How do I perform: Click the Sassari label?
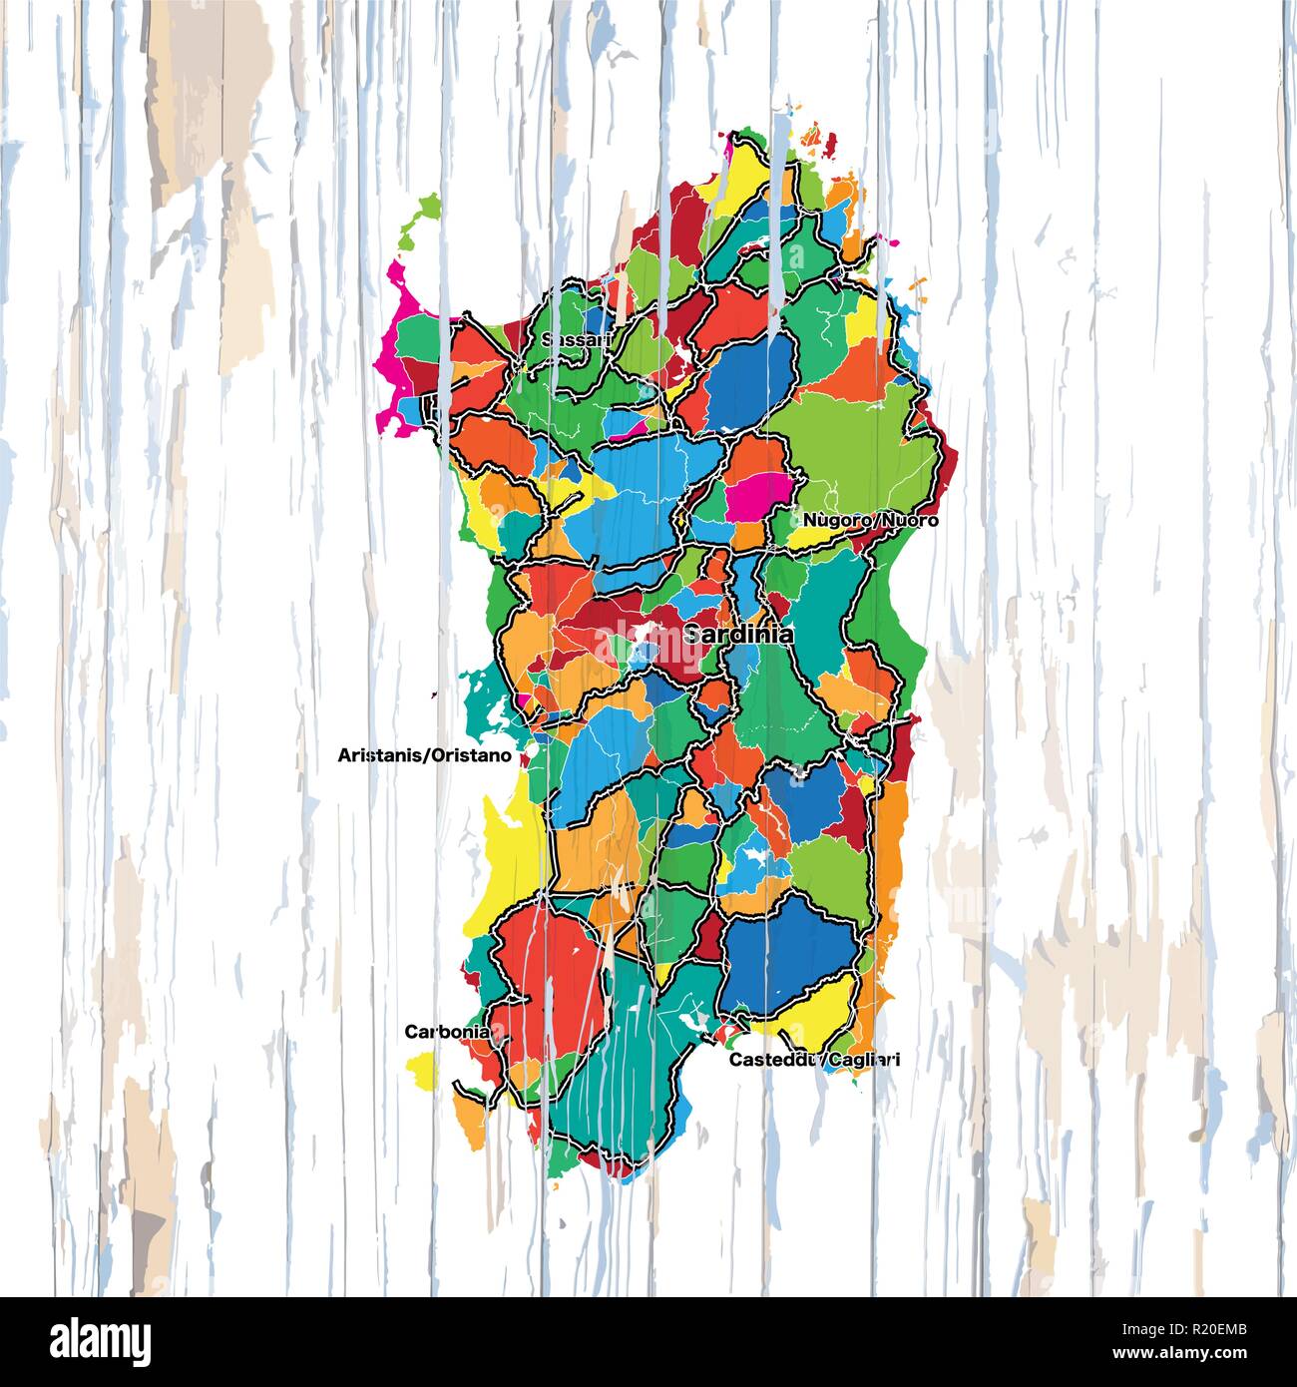point(576,340)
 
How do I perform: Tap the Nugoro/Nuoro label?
point(870,520)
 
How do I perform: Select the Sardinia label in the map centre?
point(738,634)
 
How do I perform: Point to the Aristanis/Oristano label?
point(425,755)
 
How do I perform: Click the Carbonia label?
point(447,1032)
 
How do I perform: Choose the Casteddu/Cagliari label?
point(814,1060)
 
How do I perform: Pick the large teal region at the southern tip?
point(619,1068)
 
